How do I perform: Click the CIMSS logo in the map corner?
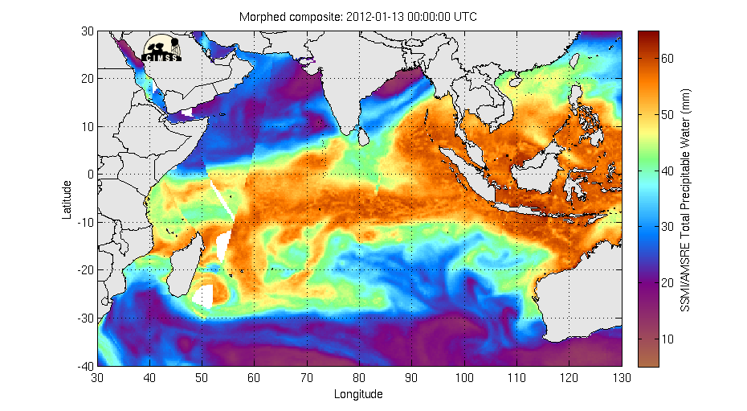161,49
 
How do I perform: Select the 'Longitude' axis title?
358,394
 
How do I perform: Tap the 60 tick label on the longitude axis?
255,377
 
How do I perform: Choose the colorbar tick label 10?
667,339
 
